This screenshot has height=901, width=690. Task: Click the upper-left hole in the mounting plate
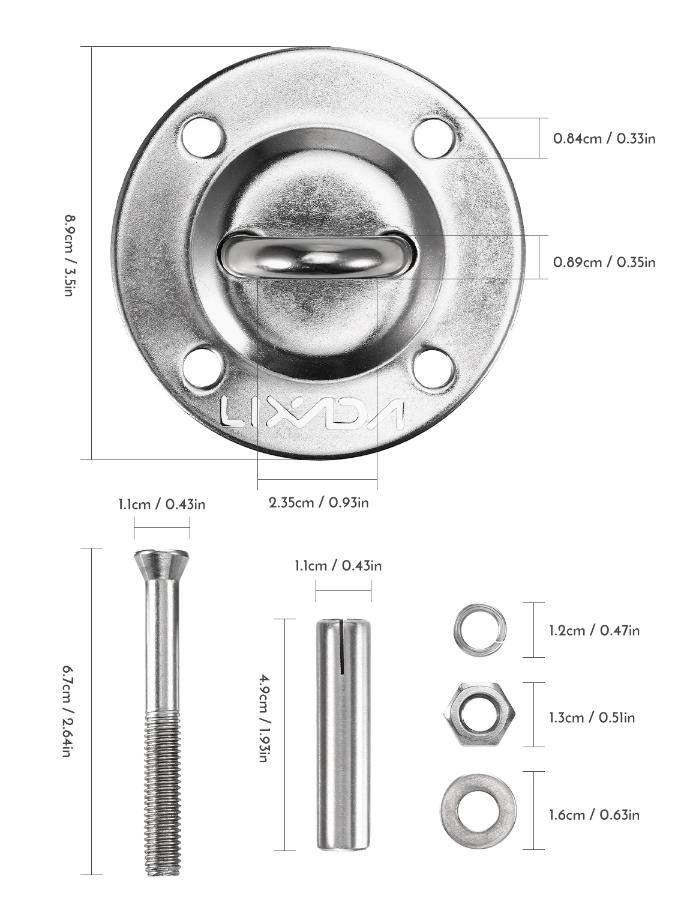203,137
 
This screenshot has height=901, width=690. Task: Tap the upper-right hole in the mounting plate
435,138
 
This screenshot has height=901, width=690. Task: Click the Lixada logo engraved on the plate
312,413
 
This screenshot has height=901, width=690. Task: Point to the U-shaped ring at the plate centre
317,256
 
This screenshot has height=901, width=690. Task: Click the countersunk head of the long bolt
161,565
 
